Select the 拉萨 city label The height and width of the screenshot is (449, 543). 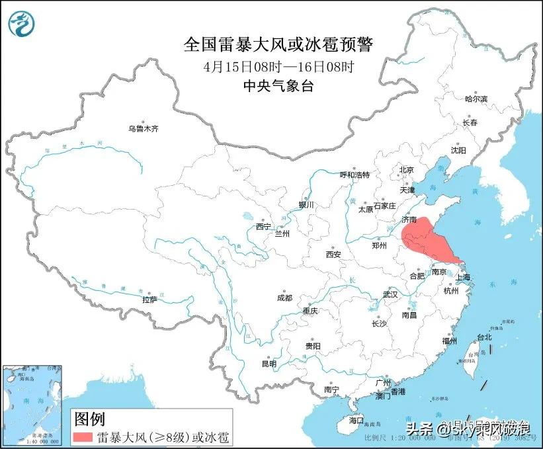[149, 299]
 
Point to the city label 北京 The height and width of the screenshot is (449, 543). [406, 170]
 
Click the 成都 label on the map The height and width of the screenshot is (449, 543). [284, 298]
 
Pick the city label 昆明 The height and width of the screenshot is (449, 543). [269, 363]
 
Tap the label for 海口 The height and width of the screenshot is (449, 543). [356, 420]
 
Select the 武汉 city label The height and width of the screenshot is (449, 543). [390, 294]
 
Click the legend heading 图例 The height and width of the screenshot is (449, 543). [89, 419]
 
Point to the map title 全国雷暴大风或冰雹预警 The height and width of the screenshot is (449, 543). [278, 46]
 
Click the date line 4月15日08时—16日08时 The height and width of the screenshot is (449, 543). [278, 67]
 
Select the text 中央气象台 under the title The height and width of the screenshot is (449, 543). [278, 85]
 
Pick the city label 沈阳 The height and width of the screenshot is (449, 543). [458, 150]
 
